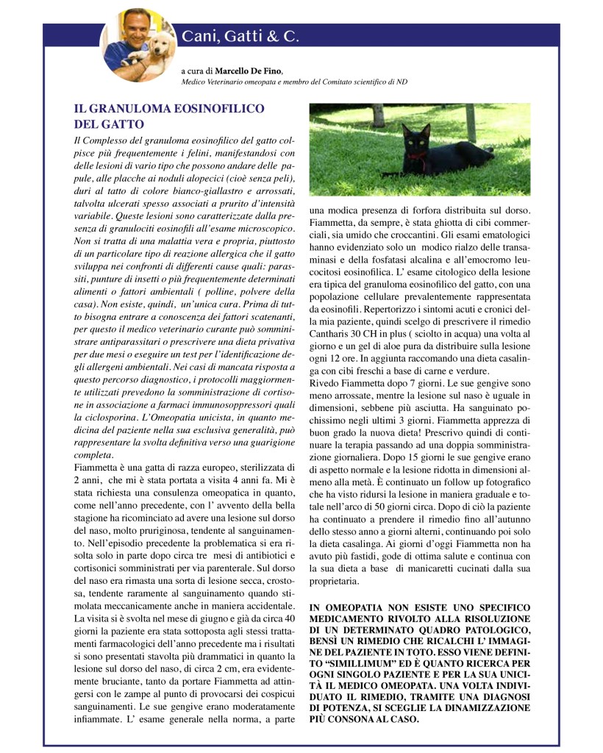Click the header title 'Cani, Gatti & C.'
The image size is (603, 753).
click(x=240, y=36)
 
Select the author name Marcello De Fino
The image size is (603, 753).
click(x=249, y=71)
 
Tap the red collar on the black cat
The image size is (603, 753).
click(x=415, y=155)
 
